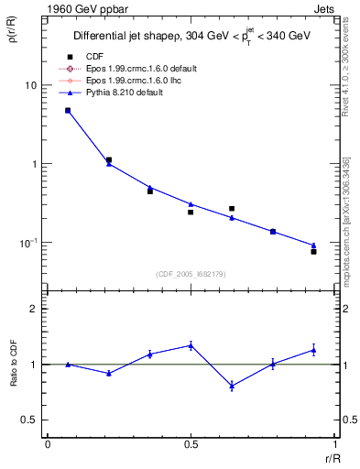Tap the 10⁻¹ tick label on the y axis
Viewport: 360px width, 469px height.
28,243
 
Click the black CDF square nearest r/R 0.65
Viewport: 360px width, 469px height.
232,209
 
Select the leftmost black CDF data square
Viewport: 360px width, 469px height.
68,111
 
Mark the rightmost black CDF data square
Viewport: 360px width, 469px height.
313,251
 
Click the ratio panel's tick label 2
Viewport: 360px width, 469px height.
34,310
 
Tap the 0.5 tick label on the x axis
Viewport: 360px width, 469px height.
191,443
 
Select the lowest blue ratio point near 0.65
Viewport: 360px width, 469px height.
232,386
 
